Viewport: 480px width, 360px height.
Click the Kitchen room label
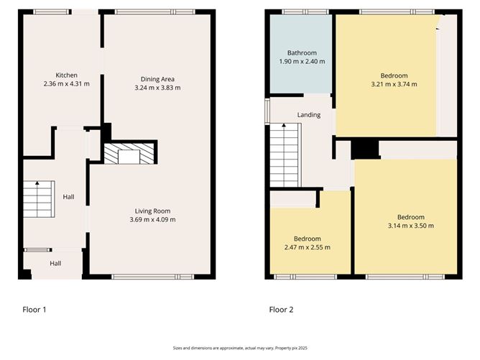(67, 75)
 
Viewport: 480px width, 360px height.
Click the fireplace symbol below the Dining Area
(130, 154)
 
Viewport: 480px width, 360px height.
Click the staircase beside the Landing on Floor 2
(284, 156)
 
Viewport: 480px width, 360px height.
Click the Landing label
(309, 115)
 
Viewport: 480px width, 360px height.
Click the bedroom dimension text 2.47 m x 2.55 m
(307, 247)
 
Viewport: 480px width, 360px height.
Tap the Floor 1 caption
(34, 310)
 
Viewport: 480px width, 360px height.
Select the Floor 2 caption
(281, 310)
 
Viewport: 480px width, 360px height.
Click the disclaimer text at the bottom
(239, 347)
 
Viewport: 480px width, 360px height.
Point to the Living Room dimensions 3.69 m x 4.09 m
(151, 219)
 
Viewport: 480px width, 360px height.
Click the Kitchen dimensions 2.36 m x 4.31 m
(67, 84)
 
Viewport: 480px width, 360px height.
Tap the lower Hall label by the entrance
(55, 264)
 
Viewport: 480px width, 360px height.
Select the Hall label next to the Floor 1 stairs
(68, 197)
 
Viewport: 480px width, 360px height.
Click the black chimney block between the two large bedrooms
(366, 148)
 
